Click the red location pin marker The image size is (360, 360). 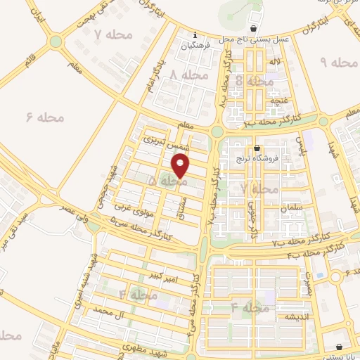click(181, 166)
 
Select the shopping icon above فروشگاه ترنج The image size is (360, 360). click(257, 148)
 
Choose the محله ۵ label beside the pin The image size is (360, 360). click(167, 181)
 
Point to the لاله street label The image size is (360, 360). click(271, 63)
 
